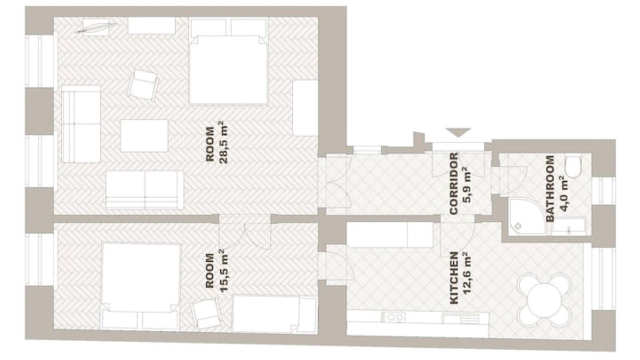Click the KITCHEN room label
click(x=454, y=277)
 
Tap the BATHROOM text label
click(x=550, y=188)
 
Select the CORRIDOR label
click(x=453, y=183)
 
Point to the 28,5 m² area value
click(x=223, y=142)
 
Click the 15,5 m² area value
click(x=223, y=270)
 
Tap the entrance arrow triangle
click(x=458, y=132)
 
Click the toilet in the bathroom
click(x=573, y=167)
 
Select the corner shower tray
click(x=527, y=217)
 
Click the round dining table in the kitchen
click(x=544, y=300)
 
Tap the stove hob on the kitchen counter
click(x=394, y=317)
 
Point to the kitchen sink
click(x=460, y=318)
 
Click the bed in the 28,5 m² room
click(x=228, y=61)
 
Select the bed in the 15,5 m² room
click(x=140, y=286)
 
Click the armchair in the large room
click(x=143, y=84)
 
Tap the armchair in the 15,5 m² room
click(x=205, y=313)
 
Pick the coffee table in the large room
click(x=144, y=135)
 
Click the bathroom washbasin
click(x=569, y=227)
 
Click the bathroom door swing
click(x=513, y=181)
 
